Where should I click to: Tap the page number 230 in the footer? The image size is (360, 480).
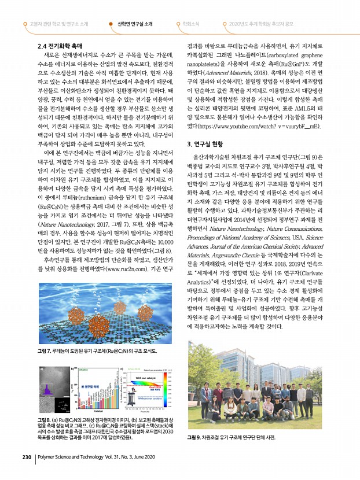pos(26,456)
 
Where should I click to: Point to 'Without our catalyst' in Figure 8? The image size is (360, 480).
pos(142,398)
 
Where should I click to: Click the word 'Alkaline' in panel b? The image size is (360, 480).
pos(82,368)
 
